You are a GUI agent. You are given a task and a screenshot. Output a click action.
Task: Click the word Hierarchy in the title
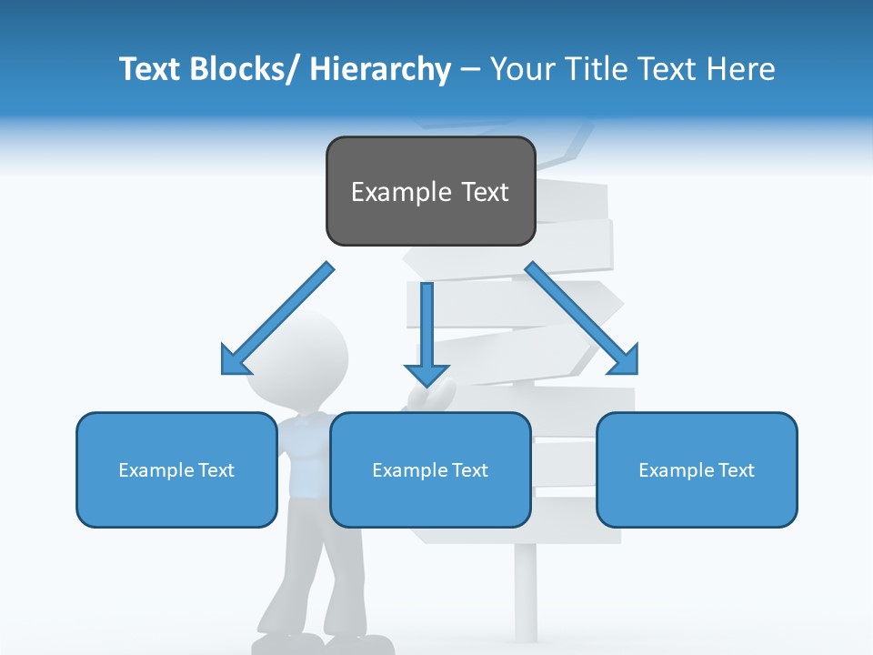coord(380,69)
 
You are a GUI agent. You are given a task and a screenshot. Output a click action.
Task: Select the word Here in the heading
coord(738,69)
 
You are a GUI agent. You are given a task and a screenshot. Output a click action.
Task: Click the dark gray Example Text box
coord(430,192)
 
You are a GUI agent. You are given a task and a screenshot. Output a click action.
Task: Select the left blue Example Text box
coord(176,470)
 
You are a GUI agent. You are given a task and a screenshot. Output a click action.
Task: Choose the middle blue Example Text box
coord(430,470)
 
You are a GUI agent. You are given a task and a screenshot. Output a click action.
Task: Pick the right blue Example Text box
coord(697,470)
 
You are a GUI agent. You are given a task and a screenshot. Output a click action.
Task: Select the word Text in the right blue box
coord(737,470)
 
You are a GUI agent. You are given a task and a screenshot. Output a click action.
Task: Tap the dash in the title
coord(470,69)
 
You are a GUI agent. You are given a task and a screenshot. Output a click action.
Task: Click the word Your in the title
coord(516,69)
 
